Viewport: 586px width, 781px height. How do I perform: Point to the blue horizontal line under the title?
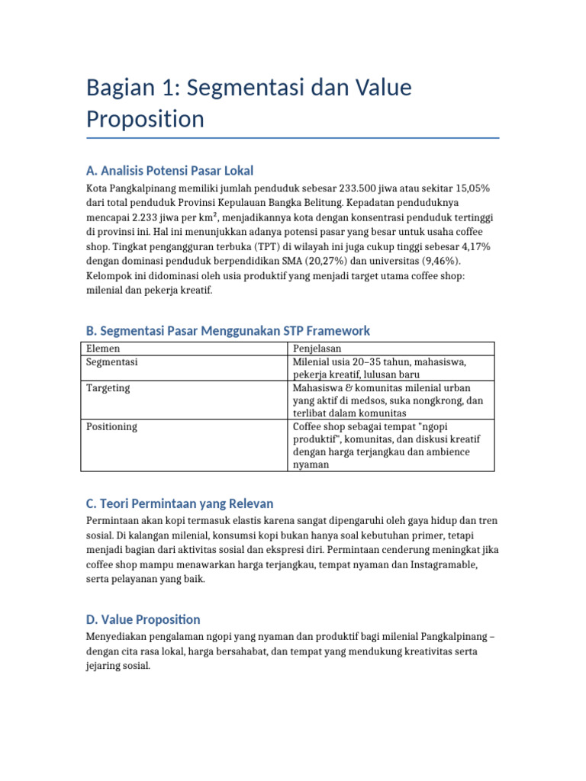click(293, 138)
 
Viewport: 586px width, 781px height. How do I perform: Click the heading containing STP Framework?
click(228, 330)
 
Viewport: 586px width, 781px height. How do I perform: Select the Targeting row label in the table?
click(108, 387)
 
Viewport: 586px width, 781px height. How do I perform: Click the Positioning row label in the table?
click(111, 426)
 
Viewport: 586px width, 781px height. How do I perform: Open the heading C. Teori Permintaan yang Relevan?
click(179, 503)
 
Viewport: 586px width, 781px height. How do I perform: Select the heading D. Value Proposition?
click(143, 619)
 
